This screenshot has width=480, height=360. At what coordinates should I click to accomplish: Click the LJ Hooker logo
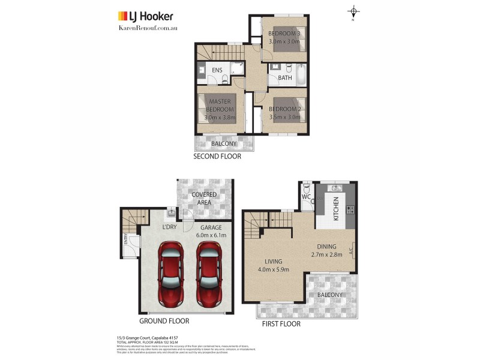tap(144, 16)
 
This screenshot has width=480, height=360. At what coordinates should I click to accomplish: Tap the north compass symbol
tap(354, 12)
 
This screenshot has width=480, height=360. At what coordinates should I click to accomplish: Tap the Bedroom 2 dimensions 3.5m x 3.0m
tap(285, 118)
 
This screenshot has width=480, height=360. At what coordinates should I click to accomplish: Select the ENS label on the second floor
tap(217, 70)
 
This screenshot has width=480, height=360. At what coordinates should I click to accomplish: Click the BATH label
tap(284, 77)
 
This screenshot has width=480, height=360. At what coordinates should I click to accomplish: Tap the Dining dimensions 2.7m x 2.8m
tap(328, 254)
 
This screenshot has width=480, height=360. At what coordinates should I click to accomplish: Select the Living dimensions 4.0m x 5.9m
tap(274, 269)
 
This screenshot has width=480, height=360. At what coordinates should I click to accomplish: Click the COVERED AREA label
tap(205, 199)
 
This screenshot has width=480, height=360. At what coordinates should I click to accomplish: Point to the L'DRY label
tap(169, 227)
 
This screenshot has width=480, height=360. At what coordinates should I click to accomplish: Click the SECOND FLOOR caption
tap(217, 157)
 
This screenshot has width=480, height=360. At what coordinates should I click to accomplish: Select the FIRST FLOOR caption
tap(281, 323)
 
